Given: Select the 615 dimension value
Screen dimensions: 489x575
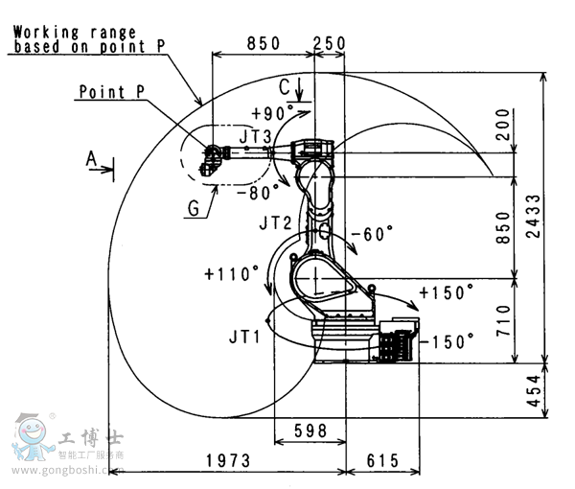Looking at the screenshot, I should (382, 461).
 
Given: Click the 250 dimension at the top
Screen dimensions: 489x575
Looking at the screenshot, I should (329, 44).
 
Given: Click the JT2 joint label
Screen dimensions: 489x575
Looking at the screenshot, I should (275, 223).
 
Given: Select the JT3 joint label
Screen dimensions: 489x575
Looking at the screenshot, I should (255, 136).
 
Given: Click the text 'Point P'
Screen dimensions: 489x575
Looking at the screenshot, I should (112, 92).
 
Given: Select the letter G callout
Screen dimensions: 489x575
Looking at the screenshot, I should (195, 206).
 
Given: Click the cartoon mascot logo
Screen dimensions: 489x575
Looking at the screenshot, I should (34, 438).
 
